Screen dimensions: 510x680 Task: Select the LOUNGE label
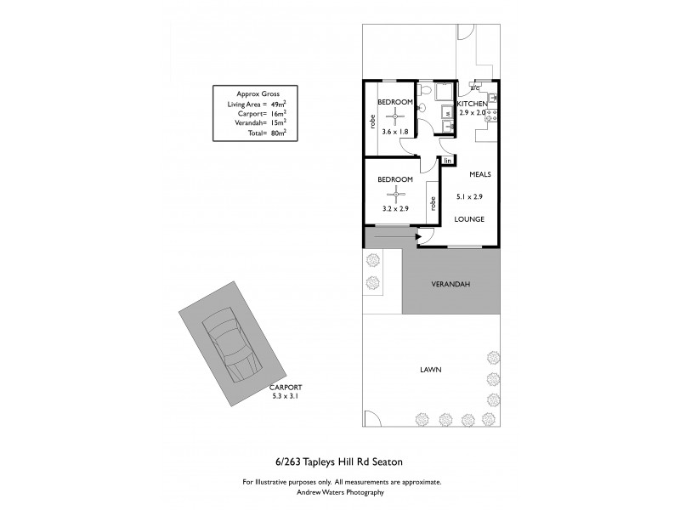tap(468, 219)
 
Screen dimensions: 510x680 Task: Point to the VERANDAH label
tap(450, 285)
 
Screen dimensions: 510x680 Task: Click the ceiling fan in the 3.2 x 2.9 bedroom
tap(396, 192)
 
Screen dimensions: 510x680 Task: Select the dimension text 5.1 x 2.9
tap(470, 197)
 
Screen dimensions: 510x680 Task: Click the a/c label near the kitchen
tap(475, 87)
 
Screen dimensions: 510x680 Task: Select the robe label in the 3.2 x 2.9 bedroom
tap(433, 204)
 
